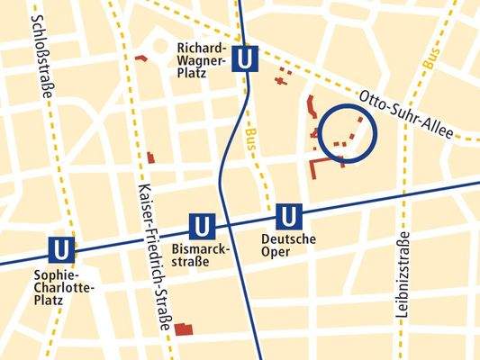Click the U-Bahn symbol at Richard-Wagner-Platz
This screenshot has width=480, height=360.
(x=245, y=59)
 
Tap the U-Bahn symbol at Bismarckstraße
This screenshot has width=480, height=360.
(x=201, y=225)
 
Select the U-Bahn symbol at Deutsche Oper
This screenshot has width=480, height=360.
(x=288, y=216)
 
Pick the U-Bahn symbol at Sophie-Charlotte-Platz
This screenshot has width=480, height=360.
(x=61, y=248)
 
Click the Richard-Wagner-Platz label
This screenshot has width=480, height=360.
(x=203, y=60)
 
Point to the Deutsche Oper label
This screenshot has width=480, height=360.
(x=288, y=245)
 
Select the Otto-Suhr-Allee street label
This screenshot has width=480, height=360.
(x=405, y=113)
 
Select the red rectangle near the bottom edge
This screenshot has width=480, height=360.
(x=186, y=328)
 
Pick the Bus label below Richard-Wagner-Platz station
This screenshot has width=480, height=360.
(x=249, y=142)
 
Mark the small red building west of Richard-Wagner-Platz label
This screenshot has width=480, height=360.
(x=140, y=58)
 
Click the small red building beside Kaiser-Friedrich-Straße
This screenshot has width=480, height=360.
(x=150, y=158)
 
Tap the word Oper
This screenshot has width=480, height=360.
(x=288, y=251)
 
